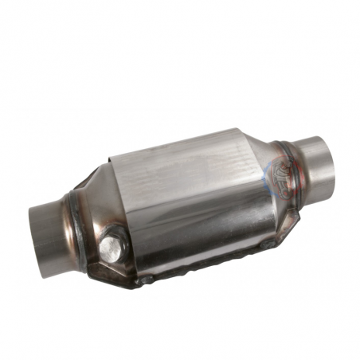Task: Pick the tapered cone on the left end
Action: [x=92, y=219]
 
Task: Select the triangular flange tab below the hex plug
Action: [x=108, y=267]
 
